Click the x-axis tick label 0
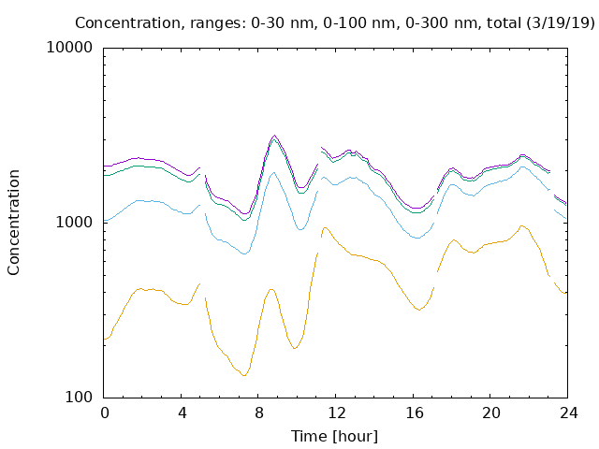(x=105, y=413)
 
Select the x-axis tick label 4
(x=183, y=413)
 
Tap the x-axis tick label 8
(x=259, y=413)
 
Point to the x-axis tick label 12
(x=337, y=413)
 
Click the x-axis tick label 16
(x=415, y=413)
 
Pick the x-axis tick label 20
(x=491, y=413)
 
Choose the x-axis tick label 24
(x=569, y=413)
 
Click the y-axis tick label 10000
(x=69, y=48)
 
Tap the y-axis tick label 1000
(x=74, y=222)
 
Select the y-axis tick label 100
(x=79, y=397)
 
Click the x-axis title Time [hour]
(x=335, y=437)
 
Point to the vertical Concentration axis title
(x=13, y=223)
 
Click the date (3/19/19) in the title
(x=561, y=23)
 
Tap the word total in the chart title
(x=504, y=23)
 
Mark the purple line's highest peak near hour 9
(x=274, y=135)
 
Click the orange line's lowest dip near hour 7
(x=243, y=376)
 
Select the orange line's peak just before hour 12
(x=325, y=227)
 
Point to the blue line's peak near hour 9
(x=273, y=172)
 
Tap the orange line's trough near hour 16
(x=419, y=310)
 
